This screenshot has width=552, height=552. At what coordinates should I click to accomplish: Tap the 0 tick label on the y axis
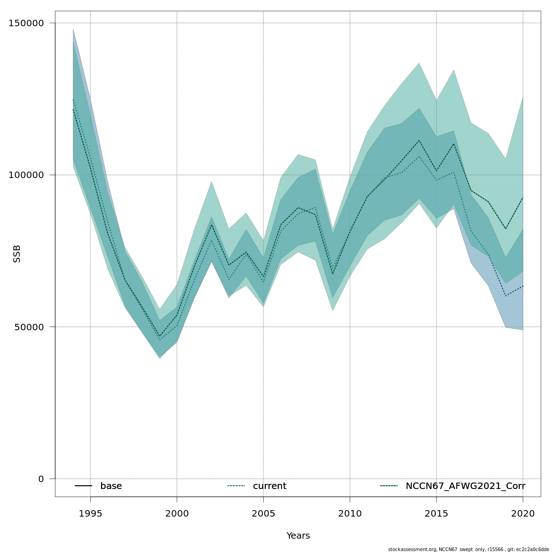pos(41,479)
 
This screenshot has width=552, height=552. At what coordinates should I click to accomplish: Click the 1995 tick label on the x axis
pos(90,514)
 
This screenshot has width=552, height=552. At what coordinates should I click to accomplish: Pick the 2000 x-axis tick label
pos(177,514)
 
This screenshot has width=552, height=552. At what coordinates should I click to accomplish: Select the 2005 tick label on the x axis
pos(263,514)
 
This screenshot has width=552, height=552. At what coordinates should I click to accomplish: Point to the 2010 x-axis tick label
pos(350,514)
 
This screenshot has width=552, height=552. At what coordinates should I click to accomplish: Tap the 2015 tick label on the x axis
pos(436,514)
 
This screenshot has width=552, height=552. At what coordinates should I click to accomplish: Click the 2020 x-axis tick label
pos(523,514)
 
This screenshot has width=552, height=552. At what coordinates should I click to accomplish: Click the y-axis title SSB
pos(17,253)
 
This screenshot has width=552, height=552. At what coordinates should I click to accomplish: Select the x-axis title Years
pos(298,536)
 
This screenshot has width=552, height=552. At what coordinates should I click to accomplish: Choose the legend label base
pos(111,486)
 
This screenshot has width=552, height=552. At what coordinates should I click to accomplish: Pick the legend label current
pos(270,486)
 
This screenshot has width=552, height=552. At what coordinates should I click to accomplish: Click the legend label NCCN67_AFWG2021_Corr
pos(465,486)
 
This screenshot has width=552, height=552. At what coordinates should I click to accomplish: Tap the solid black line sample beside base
pos(83,486)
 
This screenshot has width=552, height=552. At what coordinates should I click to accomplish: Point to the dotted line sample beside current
pos(236,486)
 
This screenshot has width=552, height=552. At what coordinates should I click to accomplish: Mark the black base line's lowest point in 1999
pos(160,337)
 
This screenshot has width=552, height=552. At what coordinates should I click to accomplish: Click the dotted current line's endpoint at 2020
pos(523,286)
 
